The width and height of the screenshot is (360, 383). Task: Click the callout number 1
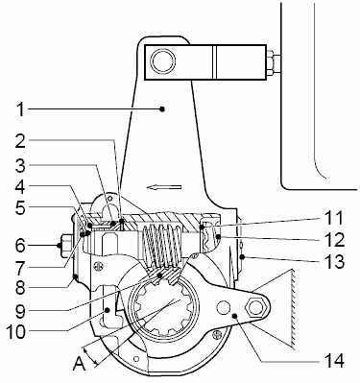(20, 109)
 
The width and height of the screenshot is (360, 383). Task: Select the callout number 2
(20, 141)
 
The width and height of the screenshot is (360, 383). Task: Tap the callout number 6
(20, 246)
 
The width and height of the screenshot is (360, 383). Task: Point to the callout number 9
(20, 310)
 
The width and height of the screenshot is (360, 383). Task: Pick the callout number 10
(16, 332)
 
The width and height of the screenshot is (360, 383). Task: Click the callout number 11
(333, 217)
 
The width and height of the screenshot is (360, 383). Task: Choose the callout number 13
(334, 261)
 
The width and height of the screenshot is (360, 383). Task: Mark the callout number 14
(334, 361)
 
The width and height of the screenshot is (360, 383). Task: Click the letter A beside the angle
(79, 364)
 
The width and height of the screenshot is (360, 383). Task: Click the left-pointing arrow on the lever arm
(164, 187)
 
